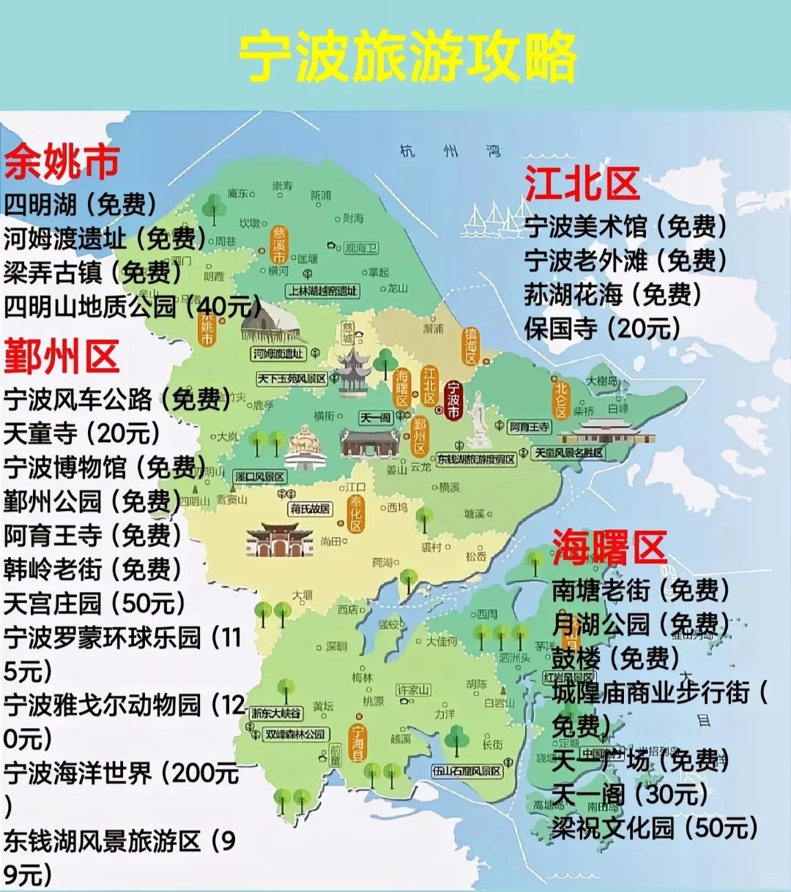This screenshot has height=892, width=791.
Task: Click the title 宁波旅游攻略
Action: click(x=408, y=57)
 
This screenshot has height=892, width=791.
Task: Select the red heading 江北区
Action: click(x=582, y=183)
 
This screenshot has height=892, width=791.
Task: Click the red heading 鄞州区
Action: click(x=62, y=357)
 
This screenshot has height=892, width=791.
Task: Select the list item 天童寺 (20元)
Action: click(x=82, y=433)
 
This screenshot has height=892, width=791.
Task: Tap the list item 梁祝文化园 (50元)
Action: click(x=655, y=828)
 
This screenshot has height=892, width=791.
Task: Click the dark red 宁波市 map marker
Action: click(x=453, y=400)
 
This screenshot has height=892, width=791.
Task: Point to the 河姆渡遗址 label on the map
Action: click(x=278, y=353)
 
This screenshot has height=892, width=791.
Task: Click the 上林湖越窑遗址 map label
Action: click(x=323, y=291)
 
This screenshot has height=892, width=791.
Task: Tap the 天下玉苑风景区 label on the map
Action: click(x=291, y=379)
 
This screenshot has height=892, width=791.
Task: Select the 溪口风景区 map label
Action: click(x=260, y=476)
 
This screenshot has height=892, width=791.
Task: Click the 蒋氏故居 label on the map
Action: click(x=310, y=509)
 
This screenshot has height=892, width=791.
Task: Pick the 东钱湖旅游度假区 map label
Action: click(x=476, y=460)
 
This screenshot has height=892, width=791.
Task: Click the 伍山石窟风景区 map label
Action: click(x=467, y=771)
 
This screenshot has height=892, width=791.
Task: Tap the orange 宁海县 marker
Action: click(x=357, y=743)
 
